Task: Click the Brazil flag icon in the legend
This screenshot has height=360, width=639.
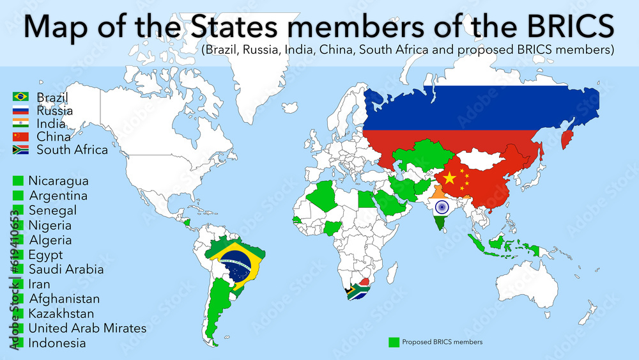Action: coord(20,97)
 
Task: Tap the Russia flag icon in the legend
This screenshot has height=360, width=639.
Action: coord(20,111)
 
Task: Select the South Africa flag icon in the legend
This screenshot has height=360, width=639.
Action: coord(20,150)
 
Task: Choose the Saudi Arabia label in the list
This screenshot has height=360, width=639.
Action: coord(66,269)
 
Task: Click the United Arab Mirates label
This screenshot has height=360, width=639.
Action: coord(88,328)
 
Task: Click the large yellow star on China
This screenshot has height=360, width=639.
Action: coord(449,178)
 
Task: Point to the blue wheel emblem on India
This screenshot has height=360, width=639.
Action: coord(442,207)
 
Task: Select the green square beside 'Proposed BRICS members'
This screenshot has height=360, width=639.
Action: coord(394,342)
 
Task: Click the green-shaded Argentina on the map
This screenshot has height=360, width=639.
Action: coord(220,307)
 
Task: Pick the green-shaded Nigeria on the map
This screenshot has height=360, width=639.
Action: coord(333,228)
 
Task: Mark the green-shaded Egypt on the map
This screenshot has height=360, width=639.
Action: coord(365,200)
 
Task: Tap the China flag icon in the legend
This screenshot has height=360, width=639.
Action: coord(20,137)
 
